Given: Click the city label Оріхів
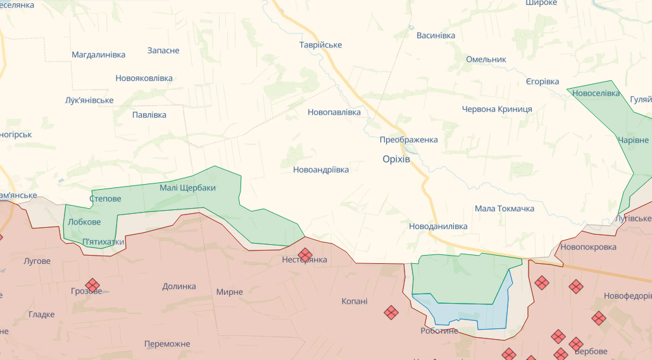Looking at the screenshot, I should click(x=396, y=159).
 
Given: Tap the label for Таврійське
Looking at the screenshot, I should click(x=320, y=45).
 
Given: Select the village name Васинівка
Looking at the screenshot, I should click(x=436, y=35).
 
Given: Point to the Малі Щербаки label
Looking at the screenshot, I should click(x=187, y=188).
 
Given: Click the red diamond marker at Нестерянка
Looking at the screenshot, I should click(x=305, y=254).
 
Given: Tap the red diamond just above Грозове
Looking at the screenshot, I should click(x=93, y=285).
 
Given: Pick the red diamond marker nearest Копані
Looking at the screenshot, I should click(x=391, y=312).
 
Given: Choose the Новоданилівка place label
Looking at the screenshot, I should click(x=438, y=227).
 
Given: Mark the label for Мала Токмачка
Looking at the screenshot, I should click(x=504, y=209).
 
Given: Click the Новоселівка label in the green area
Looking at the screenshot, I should click(x=596, y=93).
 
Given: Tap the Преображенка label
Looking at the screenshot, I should click(x=408, y=140).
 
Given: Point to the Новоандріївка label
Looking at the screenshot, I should click(x=320, y=170).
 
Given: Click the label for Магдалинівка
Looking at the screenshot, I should click(x=98, y=55).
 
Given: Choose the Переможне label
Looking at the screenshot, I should click(x=167, y=344).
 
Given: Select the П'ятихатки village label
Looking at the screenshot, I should click(x=103, y=242).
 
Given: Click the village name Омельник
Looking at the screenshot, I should click(x=486, y=59).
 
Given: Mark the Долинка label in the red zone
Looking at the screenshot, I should click(x=179, y=287).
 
